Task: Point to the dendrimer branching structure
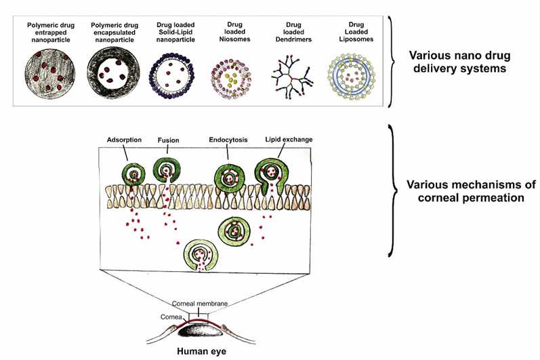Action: point(290,78)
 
